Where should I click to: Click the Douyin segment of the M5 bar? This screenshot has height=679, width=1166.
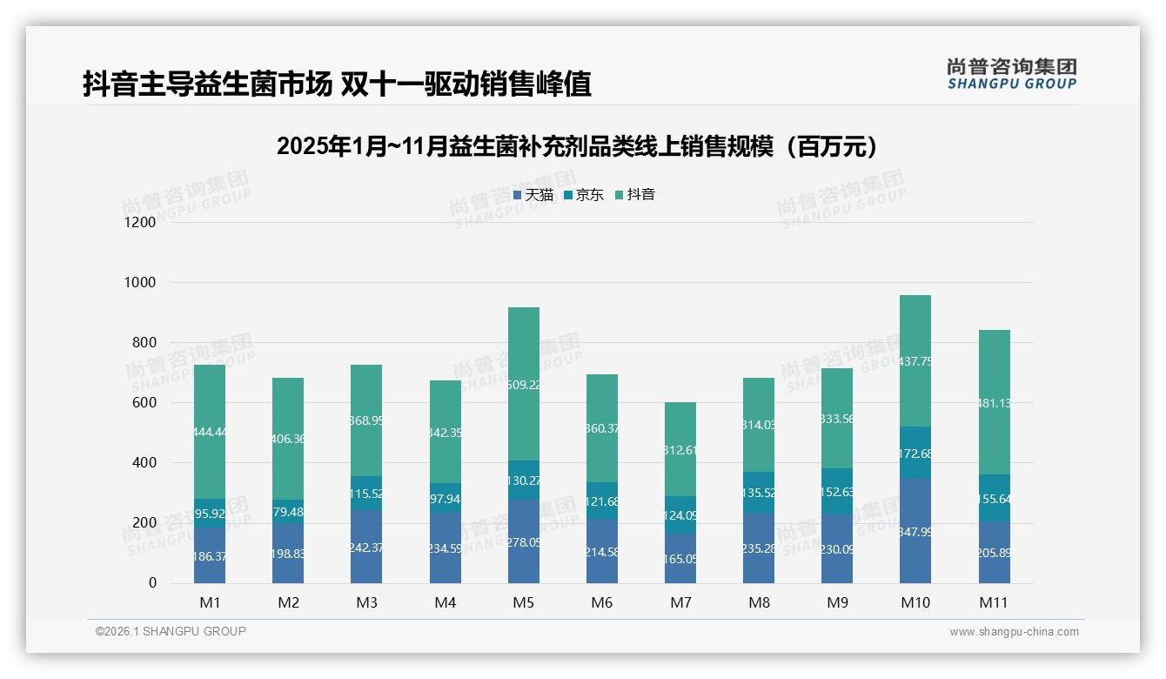point(524,383)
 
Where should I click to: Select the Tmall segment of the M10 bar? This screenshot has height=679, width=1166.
point(915,530)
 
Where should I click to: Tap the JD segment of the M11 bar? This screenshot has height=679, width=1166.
point(994,498)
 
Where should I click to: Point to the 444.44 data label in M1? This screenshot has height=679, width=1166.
point(210,432)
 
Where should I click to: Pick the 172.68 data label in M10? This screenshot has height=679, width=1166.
point(915,453)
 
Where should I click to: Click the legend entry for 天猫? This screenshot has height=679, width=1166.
point(533,195)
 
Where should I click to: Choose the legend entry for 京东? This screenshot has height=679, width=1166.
point(584,195)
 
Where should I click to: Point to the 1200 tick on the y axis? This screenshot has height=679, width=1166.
point(139,222)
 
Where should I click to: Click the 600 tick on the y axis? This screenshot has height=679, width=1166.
point(144,403)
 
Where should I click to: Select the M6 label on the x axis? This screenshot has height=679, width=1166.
point(602,602)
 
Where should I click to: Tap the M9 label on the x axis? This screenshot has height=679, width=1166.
point(837,602)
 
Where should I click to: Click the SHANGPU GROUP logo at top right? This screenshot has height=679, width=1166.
point(1011,74)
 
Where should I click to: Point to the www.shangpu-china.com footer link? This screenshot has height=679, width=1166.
point(1014,632)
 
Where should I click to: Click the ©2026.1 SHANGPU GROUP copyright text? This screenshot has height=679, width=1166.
point(171,631)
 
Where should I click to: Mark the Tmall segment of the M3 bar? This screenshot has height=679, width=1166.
point(366,546)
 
